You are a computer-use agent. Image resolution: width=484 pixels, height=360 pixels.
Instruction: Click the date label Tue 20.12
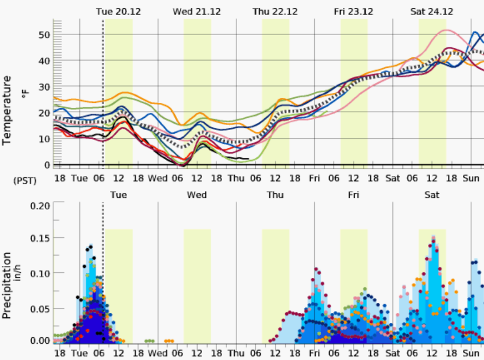(118, 11)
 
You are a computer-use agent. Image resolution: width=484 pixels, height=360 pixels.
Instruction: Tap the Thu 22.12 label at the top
(275, 11)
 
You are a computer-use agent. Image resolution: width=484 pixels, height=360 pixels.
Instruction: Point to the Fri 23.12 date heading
(354, 11)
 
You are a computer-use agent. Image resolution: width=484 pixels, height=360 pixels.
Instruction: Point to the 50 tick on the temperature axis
(44, 34)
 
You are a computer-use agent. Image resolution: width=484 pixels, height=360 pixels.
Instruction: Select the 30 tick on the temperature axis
(44, 87)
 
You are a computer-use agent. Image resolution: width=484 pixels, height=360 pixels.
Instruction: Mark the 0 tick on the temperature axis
(47, 165)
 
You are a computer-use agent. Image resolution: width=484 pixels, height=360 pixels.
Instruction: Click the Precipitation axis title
(7, 285)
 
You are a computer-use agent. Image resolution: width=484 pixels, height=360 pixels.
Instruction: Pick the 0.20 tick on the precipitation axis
(39, 205)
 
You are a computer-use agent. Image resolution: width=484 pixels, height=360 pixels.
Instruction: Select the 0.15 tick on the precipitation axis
(39, 239)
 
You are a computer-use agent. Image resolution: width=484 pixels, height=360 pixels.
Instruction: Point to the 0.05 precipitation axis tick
(39, 307)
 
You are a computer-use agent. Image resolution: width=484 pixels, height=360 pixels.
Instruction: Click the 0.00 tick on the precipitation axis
(39, 341)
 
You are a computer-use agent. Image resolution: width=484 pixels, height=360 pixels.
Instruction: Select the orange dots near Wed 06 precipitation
(169, 341)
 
